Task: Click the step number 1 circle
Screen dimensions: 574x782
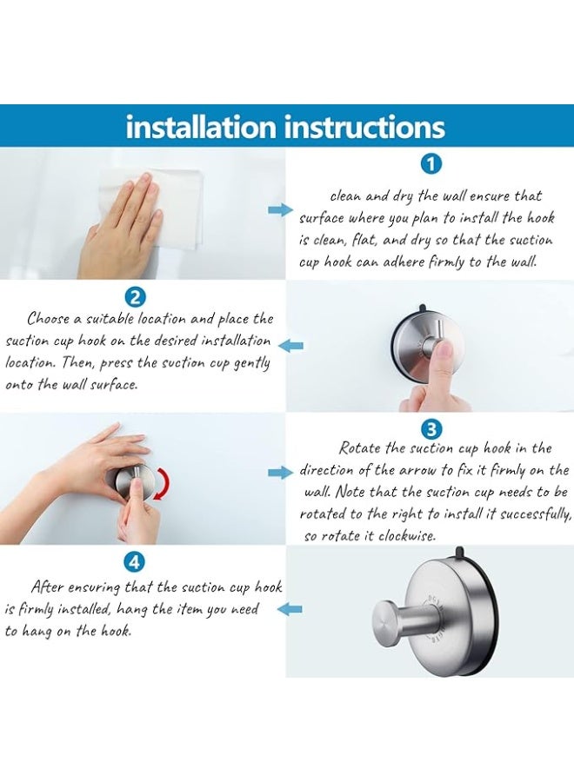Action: pos(431,164)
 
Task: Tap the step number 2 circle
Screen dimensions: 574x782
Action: pos(135,297)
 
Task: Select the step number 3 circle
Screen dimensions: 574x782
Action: pos(431,429)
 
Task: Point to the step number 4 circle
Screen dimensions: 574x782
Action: pos(135,562)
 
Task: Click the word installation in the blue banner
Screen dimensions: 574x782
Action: pos(201,127)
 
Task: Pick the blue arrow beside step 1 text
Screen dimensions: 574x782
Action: pos(281,210)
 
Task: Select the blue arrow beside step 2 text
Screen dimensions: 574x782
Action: pos(290,345)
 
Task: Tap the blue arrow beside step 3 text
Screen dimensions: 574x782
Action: pos(281,473)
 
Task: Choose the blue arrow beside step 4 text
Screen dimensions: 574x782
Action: pos(290,608)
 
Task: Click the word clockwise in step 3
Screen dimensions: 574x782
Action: pos(407,536)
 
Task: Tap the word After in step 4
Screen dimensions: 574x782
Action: pos(48,586)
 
